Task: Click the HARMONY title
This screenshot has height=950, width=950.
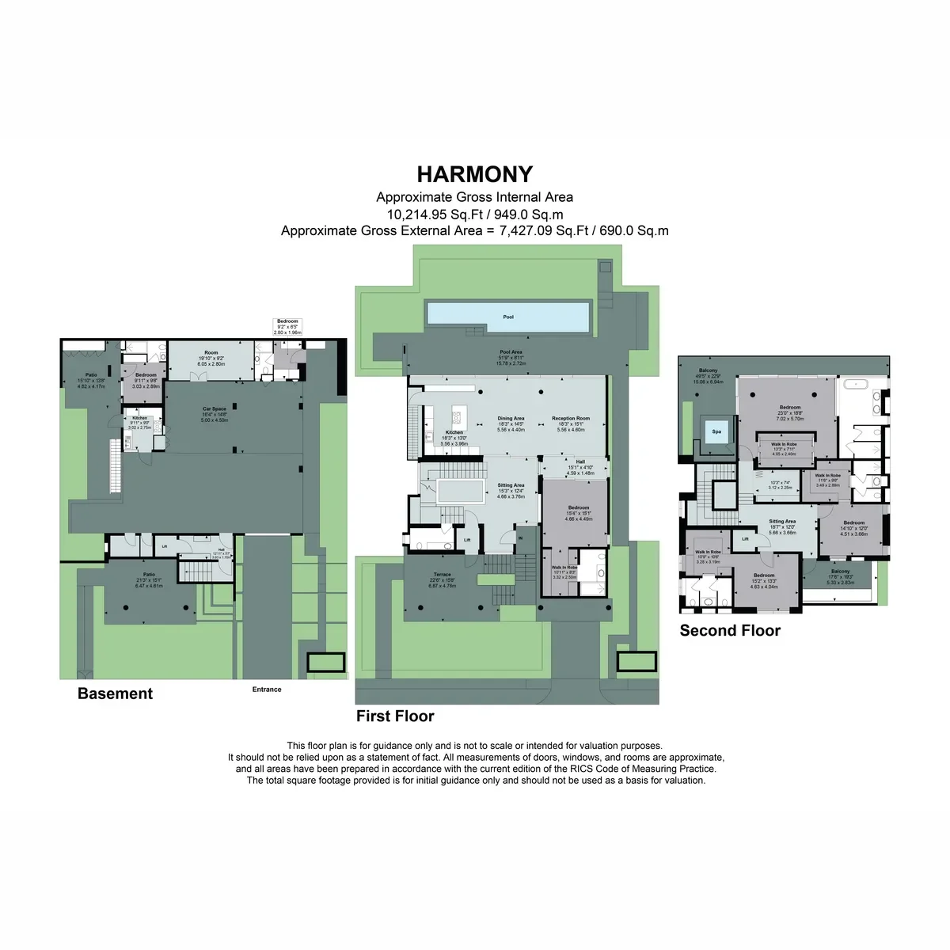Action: point(475,174)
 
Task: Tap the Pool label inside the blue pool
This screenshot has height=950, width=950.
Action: point(508,317)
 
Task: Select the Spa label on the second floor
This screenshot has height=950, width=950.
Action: point(716,431)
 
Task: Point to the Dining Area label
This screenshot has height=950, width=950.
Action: point(511,419)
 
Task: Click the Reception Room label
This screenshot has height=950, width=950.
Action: point(571,419)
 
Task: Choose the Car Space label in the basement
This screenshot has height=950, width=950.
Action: point(214,410)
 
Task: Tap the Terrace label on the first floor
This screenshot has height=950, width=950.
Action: point(442,575)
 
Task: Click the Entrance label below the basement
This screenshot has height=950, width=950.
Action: point(267,690)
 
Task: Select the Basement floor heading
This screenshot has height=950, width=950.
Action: point(115,693)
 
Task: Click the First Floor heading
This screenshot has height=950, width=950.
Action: point(395,716)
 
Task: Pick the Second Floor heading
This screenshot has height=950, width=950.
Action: point(730,631)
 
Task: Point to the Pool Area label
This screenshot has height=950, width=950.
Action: point(511,352)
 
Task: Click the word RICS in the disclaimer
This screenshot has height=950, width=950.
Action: point(581,769)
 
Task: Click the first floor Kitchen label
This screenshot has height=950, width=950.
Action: point(454,433)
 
